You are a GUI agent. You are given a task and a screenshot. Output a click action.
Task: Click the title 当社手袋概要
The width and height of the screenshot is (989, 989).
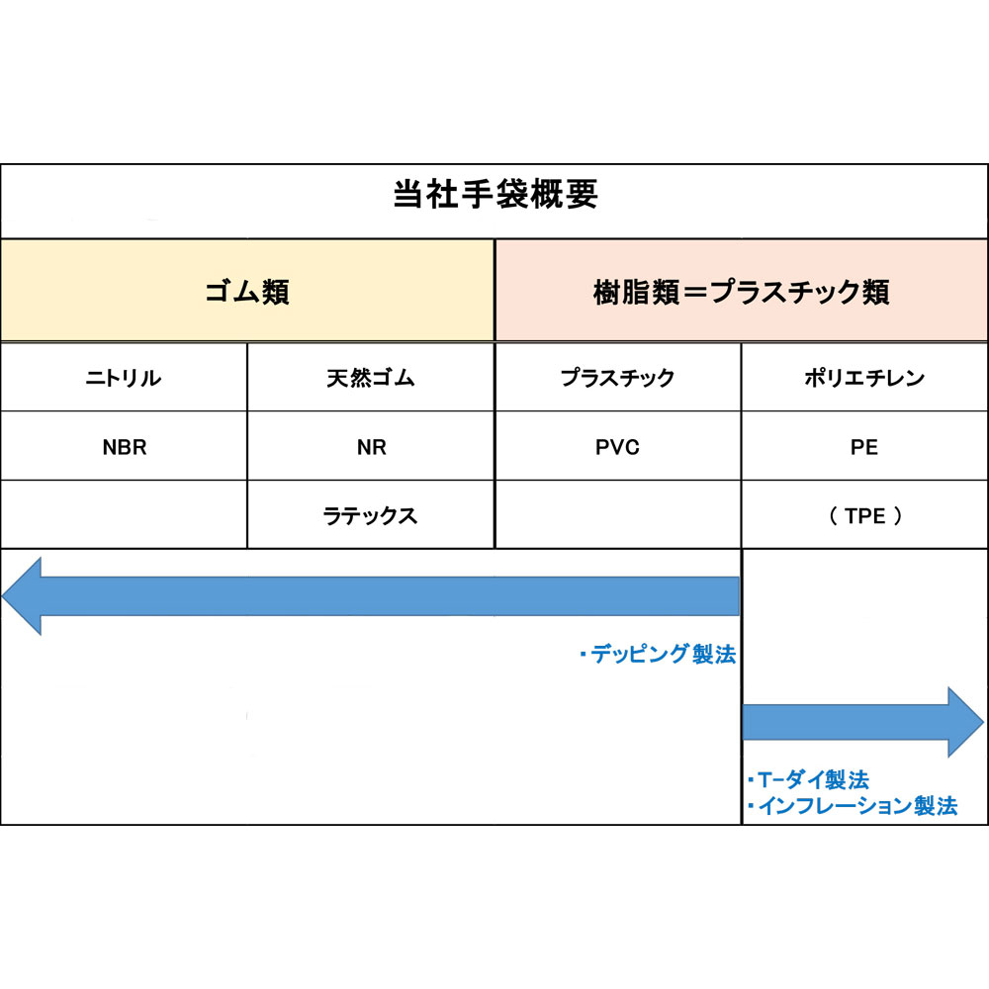click(495, 194)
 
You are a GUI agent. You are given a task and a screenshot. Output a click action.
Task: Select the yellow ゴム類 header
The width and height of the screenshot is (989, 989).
click(247, 290)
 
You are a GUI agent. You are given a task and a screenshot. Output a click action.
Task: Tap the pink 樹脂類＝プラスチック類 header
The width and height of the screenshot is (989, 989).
click(741, 290)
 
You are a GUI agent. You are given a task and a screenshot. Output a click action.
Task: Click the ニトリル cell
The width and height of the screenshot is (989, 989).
click(124, 378)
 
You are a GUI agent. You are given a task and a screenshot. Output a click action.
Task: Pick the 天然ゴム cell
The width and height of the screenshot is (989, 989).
click(371, 378)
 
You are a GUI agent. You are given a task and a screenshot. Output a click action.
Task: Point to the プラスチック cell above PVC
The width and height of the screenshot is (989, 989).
click(617, 378)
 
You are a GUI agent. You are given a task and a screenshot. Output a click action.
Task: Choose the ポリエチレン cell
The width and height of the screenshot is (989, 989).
click(864, 378)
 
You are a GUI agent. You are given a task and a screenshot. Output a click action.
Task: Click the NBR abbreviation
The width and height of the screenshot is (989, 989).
click(125, 447)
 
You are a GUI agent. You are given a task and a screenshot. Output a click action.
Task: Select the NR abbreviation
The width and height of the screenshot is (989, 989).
click(372, 447)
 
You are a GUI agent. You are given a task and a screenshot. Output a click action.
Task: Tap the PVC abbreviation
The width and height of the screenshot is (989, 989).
click(617, 447)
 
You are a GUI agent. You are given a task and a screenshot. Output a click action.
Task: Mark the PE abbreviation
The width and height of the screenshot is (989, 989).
click(864, 447)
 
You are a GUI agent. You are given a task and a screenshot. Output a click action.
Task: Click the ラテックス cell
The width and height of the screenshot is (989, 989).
click(370, 516)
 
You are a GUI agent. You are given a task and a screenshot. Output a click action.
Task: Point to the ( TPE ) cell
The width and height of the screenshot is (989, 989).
click(865, 516)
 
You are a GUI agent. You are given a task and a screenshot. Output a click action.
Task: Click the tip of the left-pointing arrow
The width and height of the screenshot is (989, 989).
click(3, 596)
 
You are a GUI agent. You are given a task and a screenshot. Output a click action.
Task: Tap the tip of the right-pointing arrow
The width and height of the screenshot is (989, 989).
click(983, 722)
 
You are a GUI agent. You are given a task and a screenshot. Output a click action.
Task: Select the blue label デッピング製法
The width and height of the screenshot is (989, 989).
click(658, 654)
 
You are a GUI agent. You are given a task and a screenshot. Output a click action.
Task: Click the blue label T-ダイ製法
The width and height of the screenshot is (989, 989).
click(808, 780)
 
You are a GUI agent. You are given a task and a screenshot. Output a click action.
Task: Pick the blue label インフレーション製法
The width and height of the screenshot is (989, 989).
click(853, 806)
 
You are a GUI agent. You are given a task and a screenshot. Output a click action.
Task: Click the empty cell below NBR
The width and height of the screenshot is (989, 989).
click(124, 514)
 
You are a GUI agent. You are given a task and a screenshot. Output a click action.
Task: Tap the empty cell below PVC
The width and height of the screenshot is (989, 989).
click(618, 514)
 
